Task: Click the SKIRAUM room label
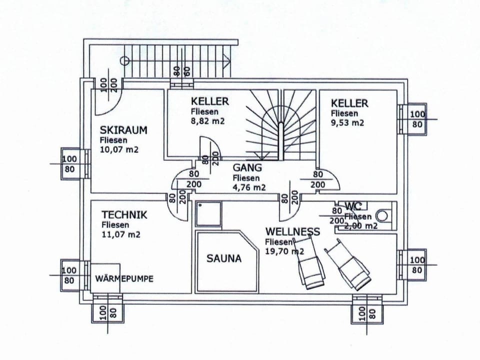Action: pyautogui.click(x=123, y=130)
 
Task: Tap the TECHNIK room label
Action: pyautogui.click(x=124, y=215)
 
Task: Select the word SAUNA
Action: pyautogui.click(x=224, y=258)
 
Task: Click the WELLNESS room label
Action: pyautogui.click(x=292, y=231)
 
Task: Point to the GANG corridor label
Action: pyautogui.click(x=247, y=168)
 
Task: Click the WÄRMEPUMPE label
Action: pyautogui.click(x=124, y=278)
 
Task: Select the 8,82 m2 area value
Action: pyautogui.click(x=207, y=121)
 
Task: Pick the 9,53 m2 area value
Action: pyautogui.click(x=347, y=122)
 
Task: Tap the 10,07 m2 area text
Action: pyautogui.click(x=118, y=150)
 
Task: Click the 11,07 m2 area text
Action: pyautogui.click(x=120, y=234)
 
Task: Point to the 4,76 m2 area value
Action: pyautogui.click(x=249, y=187)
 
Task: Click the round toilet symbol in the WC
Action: pyautogui.click(x=382, y=216)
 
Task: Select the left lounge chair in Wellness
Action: pyautogui.click(x=311, y=264)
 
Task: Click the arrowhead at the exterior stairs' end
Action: pyautogui.click(x=227, y=60)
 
